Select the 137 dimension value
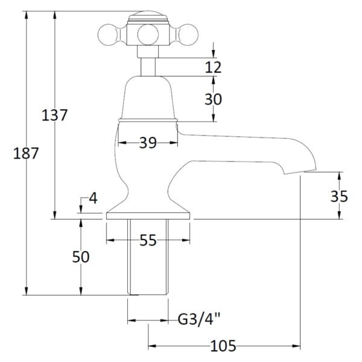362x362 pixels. coord(54,115)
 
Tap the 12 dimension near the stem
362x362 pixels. coord(213,67)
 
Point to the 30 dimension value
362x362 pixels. coord(213,98)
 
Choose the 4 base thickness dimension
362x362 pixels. coord(92,198)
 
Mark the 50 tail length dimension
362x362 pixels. coord(80,256)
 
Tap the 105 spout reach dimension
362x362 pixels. coord(223,346)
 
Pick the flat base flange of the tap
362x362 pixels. coord(148,215)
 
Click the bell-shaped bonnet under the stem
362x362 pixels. coord(148,100)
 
